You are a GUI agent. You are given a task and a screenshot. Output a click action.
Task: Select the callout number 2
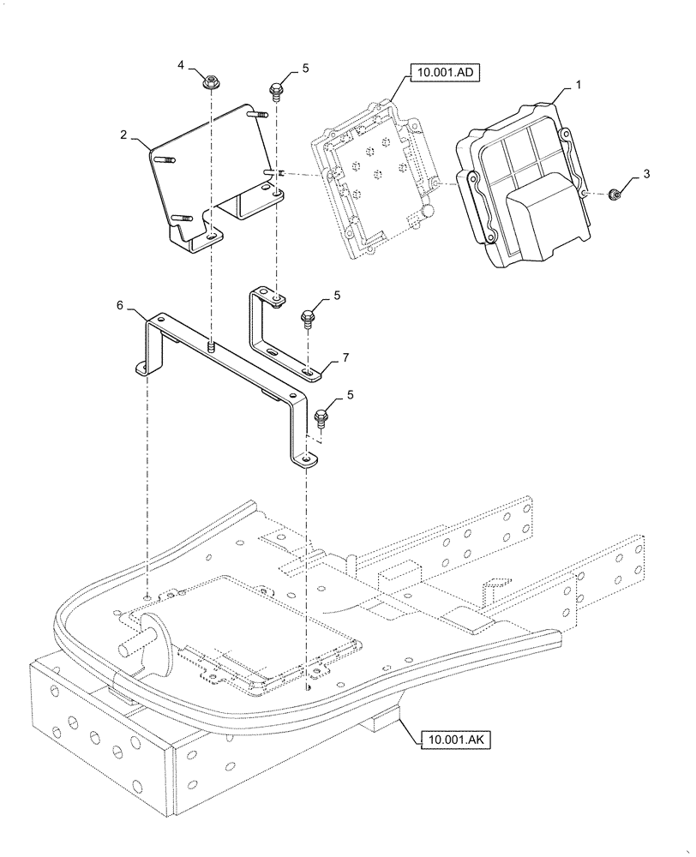[x=123, y=135]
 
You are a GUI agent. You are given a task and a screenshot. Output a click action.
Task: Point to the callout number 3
[x=646, y=174]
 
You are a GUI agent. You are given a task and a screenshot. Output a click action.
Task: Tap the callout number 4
[x=181, y=65]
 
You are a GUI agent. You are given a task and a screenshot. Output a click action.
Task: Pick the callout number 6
[x=120, y=304]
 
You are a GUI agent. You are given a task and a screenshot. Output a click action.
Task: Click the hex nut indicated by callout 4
[x=209, y=83]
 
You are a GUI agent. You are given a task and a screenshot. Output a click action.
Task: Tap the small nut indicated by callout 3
[x=614, y=195]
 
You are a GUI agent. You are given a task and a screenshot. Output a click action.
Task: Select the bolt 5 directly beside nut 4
[x=277, y=89]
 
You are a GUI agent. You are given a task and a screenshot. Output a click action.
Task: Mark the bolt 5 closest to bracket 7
[x=307, y=320]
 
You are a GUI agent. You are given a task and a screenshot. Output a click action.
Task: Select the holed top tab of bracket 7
[x=274, y=298]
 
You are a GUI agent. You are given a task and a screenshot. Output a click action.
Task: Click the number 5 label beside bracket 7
[x=337, y=295]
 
